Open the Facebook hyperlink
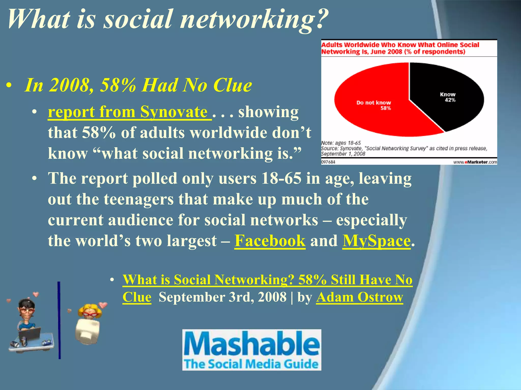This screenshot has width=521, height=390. [270, 241]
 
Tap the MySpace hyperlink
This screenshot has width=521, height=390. [377, 241]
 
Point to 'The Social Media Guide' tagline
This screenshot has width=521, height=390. [251, 364]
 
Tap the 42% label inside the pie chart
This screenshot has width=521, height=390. [450, 100]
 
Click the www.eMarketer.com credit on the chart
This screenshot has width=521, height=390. [475, 162]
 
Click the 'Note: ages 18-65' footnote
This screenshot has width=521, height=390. [341, 143]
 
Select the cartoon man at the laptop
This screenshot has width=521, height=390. [28, 322]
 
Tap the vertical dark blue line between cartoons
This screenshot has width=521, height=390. [59, 320]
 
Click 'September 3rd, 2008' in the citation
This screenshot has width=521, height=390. [222, 297]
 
